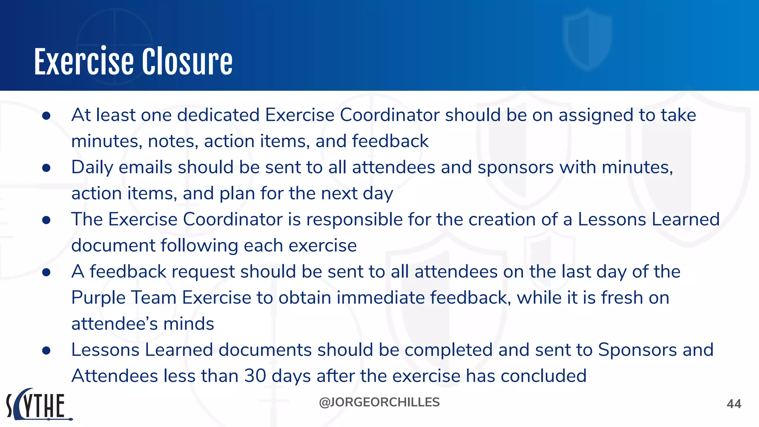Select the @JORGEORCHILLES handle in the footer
379,402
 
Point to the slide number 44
734,404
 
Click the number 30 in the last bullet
255,376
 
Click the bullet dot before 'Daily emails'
46,168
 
